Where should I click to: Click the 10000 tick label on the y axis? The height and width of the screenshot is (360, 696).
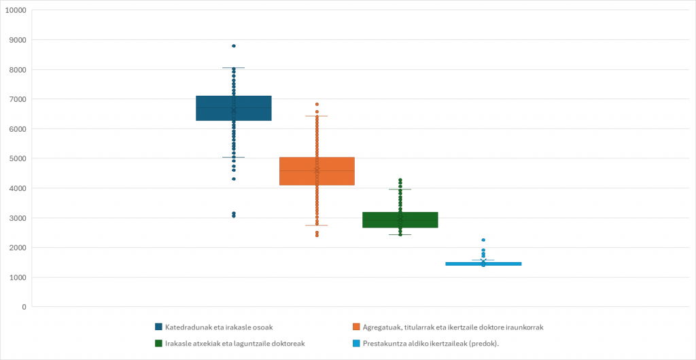(15, 10)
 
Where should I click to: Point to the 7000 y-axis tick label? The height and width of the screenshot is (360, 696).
(17, 99)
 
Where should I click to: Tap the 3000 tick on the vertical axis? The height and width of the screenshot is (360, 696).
(17, 218)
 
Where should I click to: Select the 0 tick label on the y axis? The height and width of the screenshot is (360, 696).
(24, 307)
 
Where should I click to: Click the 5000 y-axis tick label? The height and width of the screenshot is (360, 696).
(17, 159)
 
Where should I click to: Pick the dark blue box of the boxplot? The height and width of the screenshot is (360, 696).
(233, 109)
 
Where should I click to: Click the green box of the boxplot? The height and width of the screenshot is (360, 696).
(400, 220)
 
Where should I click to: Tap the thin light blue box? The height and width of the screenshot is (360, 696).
(483, 264)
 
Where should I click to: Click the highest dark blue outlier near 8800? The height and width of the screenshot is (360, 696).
(234, 46)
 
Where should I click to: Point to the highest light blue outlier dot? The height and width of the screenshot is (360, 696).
(483, 240)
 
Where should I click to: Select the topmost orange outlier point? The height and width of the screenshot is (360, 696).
(317, 105)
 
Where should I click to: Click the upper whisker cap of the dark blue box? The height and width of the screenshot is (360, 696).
(234, 68)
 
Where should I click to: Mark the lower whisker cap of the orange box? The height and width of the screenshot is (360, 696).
(317, 226)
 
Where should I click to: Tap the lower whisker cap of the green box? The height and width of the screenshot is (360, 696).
(400, 234)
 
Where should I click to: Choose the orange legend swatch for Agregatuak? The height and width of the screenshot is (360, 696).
(357, 327)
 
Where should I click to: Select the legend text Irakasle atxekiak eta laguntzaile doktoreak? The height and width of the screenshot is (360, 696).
(234, 344)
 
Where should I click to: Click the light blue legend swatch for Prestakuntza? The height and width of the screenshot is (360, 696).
(357, 344)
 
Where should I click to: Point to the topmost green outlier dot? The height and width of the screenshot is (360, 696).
(400, 180)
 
